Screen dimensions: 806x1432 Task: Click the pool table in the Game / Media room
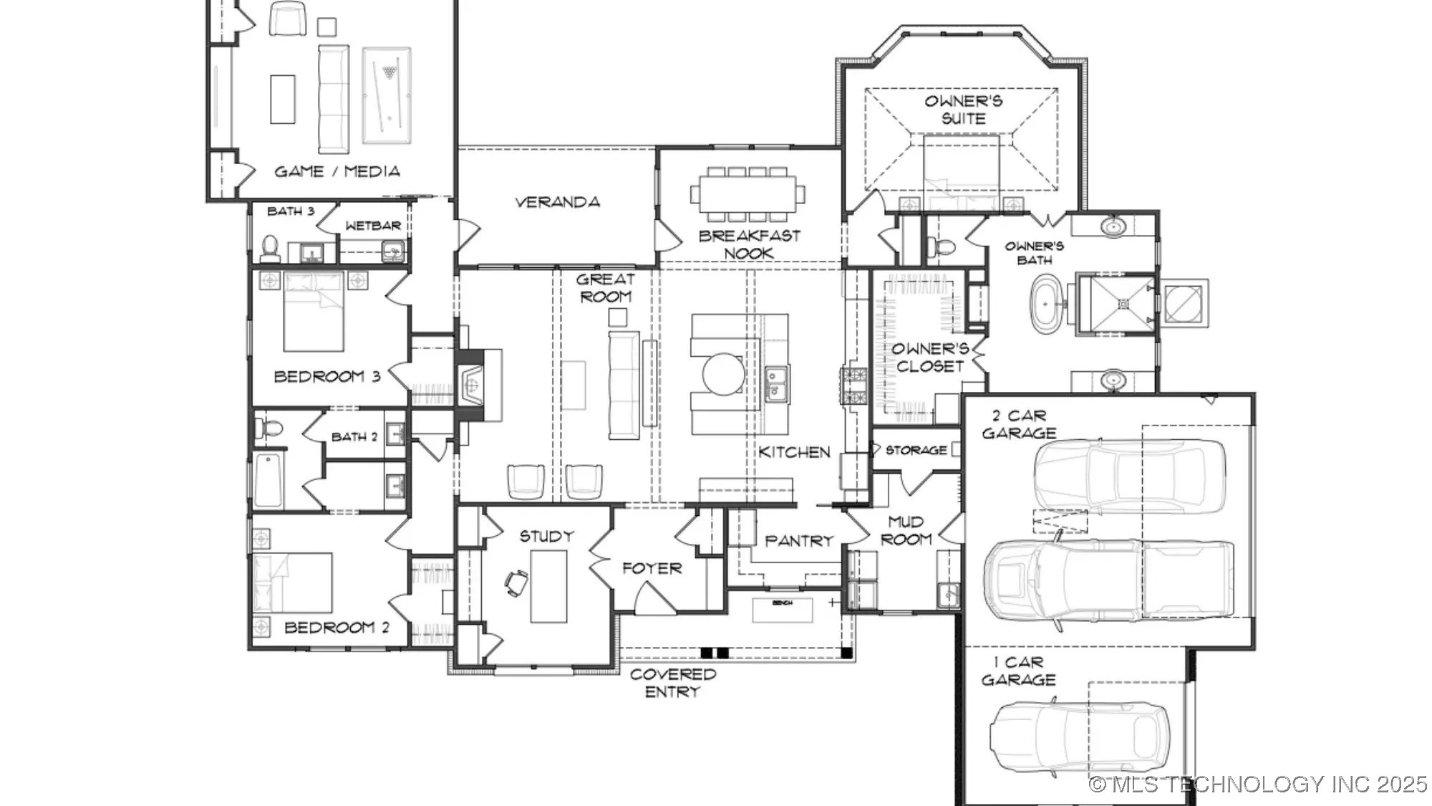(387, 95)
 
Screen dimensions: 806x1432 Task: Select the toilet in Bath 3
(270, 249)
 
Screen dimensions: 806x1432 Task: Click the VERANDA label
(557, 202)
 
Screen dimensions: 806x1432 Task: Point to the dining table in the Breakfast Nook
(748, 194)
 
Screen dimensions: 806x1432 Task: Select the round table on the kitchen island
(723, 374)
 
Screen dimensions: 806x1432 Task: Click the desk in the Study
(548, 586)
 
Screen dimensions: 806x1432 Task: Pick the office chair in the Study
(516, 582)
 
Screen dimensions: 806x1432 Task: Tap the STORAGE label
(916, 450)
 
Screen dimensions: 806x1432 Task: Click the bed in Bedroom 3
(314, 312)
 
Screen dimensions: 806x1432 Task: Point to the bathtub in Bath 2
(268, 479)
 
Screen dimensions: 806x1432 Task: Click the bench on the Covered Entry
(782, 610)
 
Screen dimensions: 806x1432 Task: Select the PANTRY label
(799, 541)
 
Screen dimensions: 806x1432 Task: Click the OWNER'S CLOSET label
(929, 358)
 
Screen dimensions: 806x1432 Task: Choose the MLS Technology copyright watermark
(1258, 785)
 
